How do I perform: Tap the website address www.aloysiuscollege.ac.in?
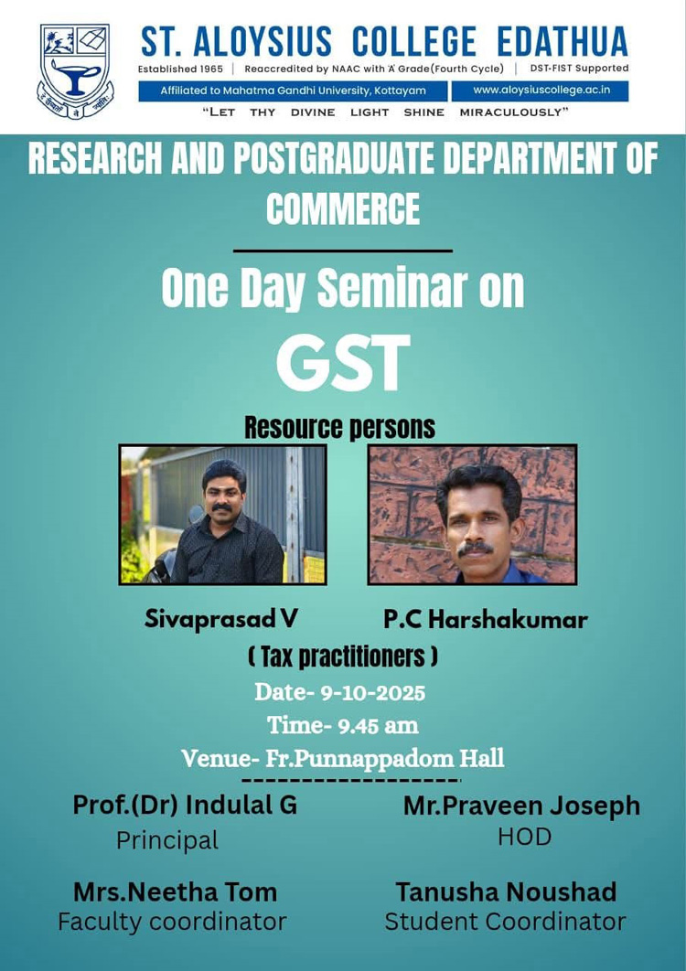[541, 91]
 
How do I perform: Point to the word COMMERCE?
[343, 208]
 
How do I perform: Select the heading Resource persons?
[339, 427]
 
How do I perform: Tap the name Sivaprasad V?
[221, 619]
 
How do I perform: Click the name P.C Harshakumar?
[485, 620]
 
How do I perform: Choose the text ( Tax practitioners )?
[343, 657]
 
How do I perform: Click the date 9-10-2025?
[372, 692]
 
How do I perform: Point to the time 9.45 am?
[378, 725]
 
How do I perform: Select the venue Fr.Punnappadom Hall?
[385, 759]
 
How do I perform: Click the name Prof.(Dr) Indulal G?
[185, 806]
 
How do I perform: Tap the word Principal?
[167, 841]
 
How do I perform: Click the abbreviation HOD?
[524, 838]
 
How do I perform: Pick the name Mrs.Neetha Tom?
[176, 892]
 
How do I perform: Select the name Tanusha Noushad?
[507, 892]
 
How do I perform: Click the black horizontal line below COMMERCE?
[343, 251]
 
